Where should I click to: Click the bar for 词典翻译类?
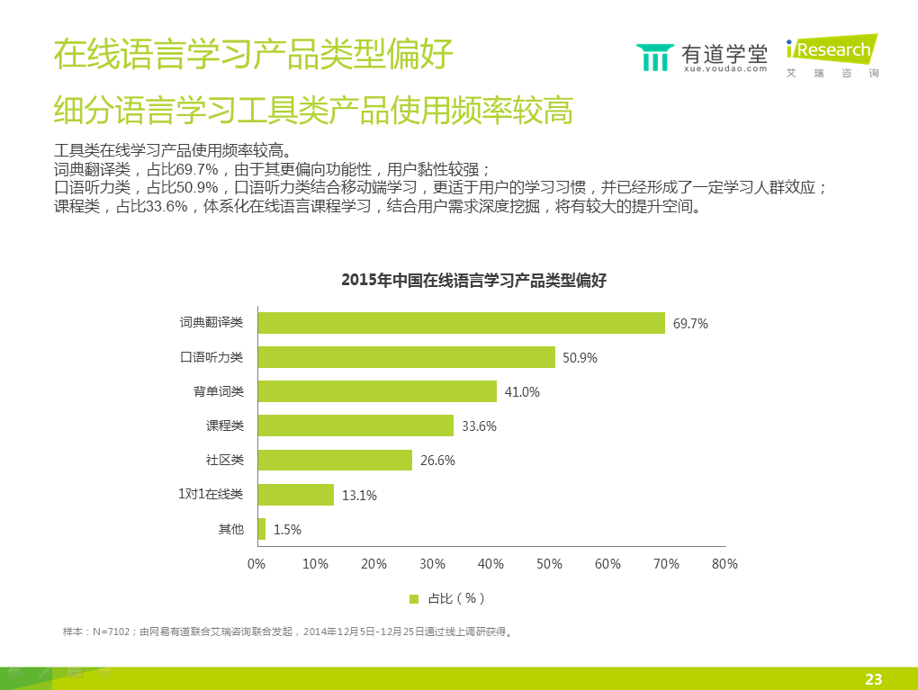click(461, 323)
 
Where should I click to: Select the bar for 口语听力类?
click(406, 357)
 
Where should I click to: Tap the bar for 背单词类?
click(377, 391)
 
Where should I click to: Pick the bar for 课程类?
click(355, 426)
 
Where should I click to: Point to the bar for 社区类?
click(335, 460)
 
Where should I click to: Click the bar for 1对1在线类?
click(295, 494)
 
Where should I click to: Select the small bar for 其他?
click(262, 529)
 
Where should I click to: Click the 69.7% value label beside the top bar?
click(690, 324)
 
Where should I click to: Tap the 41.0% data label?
click(522, 392)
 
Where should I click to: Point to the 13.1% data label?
click(359, 495)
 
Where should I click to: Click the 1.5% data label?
click(287, 530)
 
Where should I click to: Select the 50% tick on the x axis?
click(549, 564)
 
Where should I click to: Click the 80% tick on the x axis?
click(724, 564)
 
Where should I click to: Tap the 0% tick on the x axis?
click(256, 564)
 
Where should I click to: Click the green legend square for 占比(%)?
click(414, 598)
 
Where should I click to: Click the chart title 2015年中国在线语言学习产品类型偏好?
click(474, 281)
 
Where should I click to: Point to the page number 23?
click(873, 679)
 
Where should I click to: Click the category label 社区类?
click(225, 460)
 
